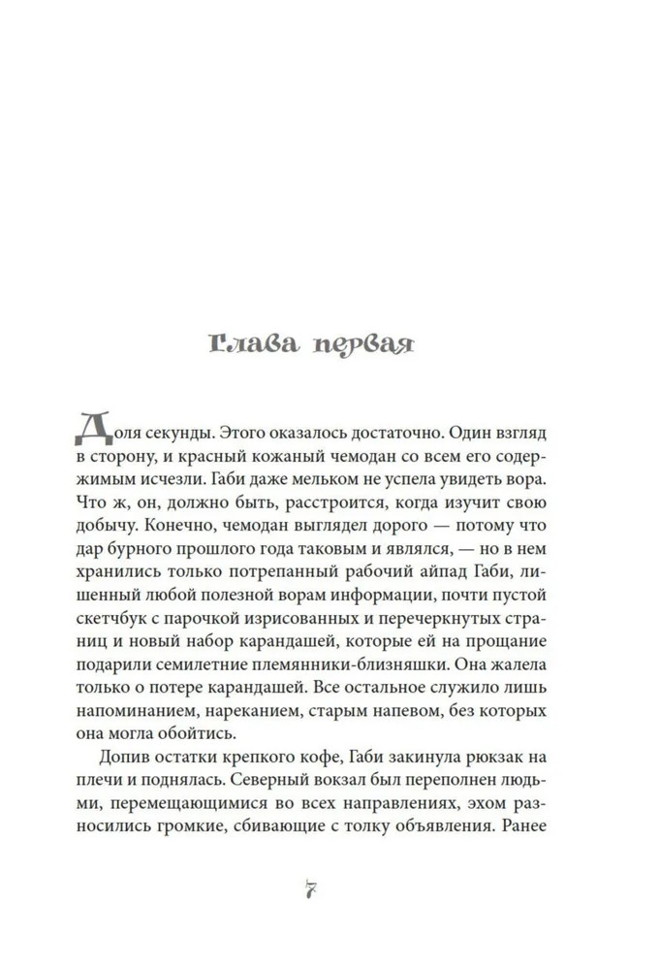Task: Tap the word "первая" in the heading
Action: tap(358, 346)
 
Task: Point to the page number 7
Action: tap(312, 891)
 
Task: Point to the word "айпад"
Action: tap(464, 578)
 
